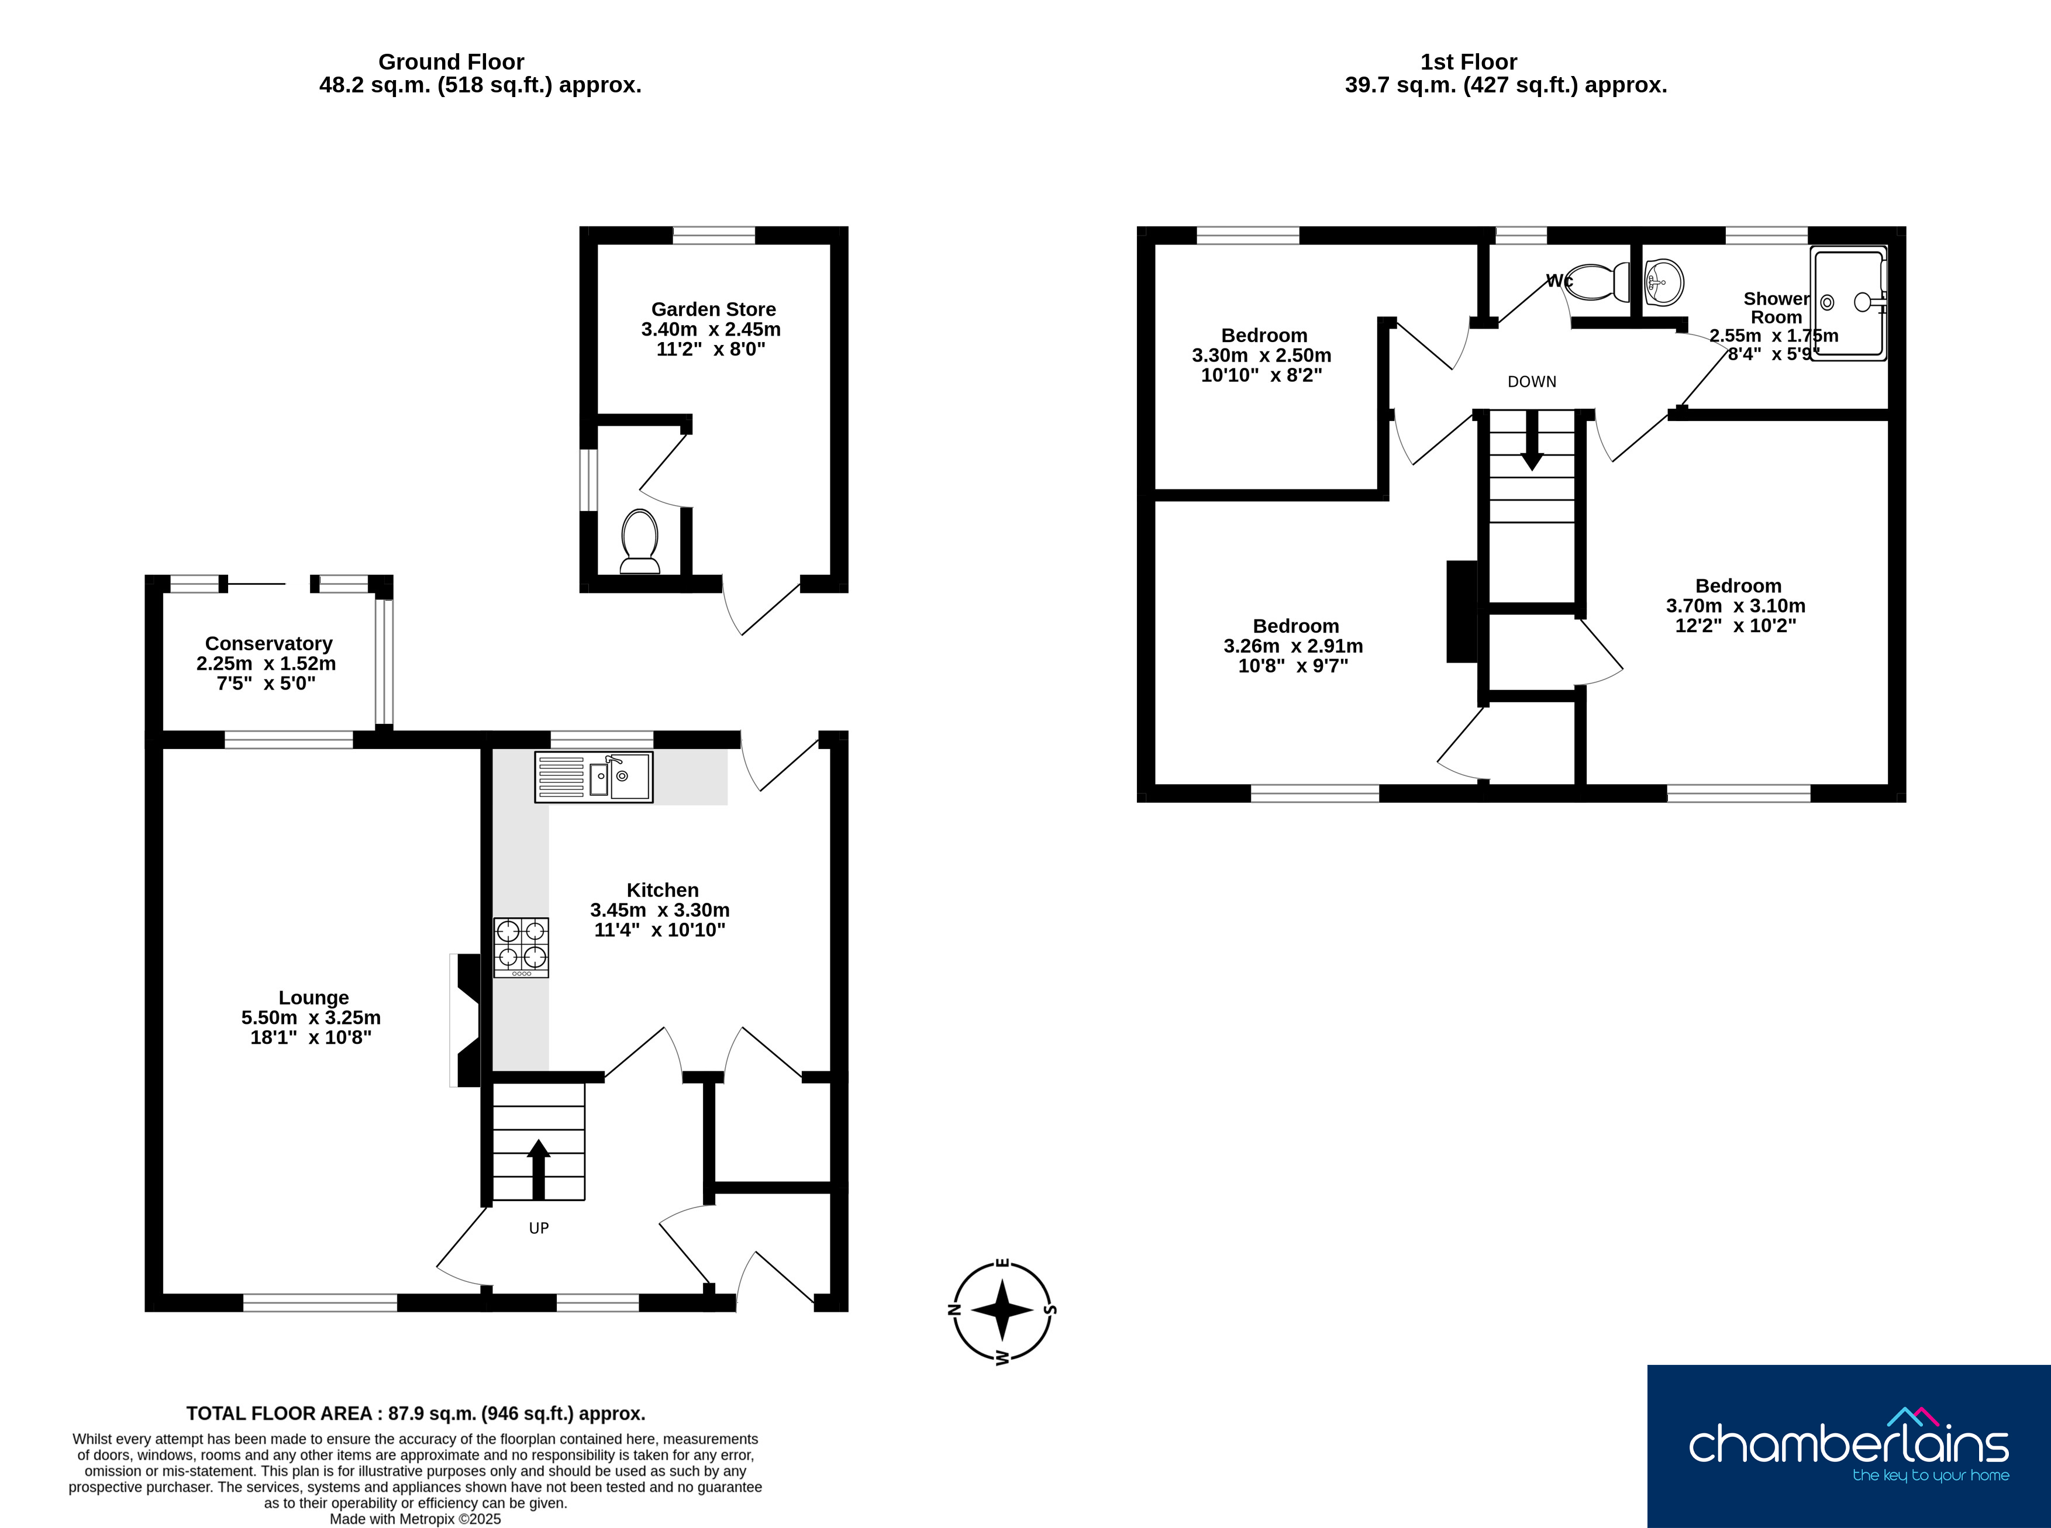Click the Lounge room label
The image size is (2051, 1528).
313,998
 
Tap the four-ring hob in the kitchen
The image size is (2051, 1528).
521,947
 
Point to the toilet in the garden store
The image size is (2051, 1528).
639,541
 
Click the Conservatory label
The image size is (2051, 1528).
268,644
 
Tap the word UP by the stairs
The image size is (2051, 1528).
539,1229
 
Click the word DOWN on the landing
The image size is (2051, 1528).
1532,382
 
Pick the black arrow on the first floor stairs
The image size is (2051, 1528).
1532,440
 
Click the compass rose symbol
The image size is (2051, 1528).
1003,1310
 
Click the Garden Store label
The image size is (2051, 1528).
713,310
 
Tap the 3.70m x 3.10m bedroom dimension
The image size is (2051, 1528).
1736,606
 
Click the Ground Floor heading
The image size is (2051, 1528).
451,62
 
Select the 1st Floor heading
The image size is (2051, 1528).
1469,62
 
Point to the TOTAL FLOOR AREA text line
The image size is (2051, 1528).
415,1413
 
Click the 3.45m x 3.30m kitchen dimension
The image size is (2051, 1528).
660,910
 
